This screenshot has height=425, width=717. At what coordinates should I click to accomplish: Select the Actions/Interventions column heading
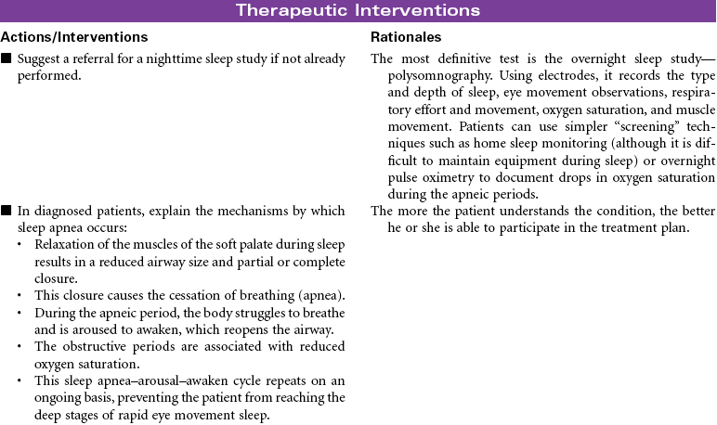pyautogui.click(x=73, y=37)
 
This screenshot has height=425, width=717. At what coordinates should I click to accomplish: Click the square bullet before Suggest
pyautogui.click(x=7, y=59)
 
